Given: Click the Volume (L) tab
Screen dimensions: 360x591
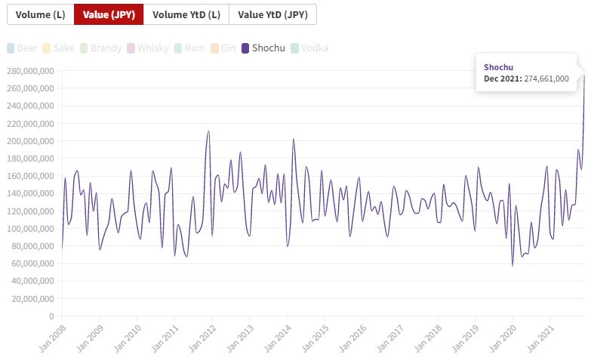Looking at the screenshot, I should (40, 14).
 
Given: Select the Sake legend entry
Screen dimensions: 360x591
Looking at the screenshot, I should (60, 48).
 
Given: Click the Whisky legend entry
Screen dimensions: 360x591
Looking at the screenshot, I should (149, 48).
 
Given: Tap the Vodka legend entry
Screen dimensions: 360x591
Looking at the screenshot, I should (309, 48).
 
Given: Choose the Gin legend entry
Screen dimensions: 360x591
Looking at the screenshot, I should (223, 48).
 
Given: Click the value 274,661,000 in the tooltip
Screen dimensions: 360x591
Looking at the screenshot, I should (543, 78).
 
